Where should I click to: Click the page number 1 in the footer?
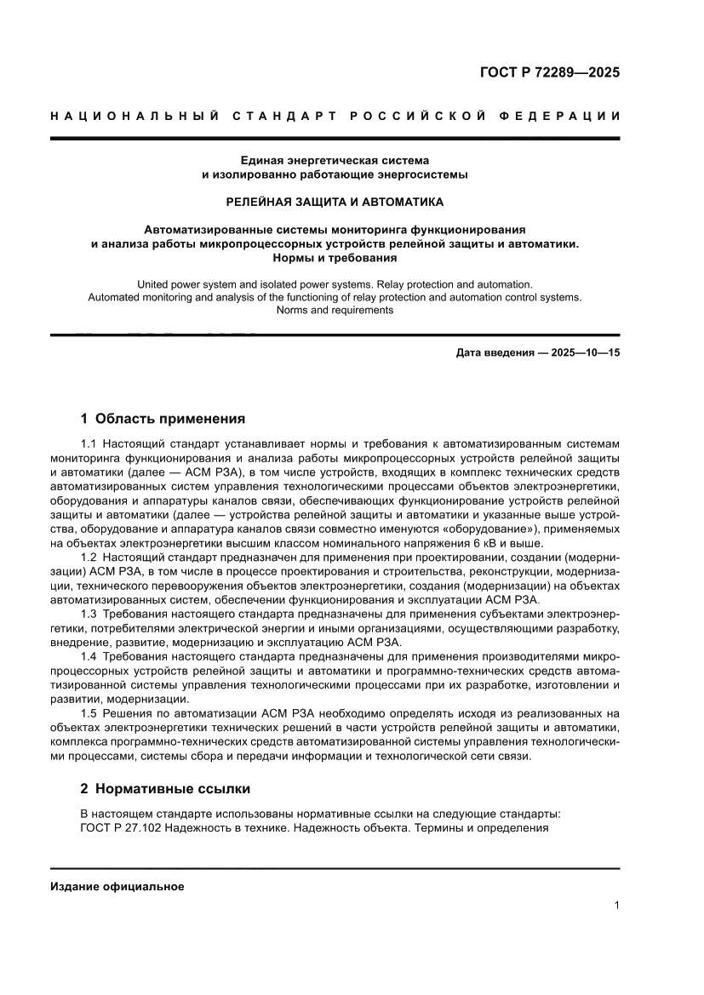(x=615, y=906)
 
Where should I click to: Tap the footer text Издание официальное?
(x=117, y=886)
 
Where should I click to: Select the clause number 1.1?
(x=90, y=444)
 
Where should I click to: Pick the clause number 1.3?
(x=90, y=615)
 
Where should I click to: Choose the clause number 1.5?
(x=90, y=713)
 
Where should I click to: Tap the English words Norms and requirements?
(x=335, y=311)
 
